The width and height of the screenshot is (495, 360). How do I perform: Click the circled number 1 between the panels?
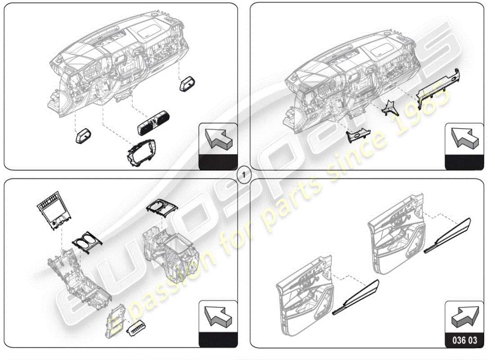[243, 175]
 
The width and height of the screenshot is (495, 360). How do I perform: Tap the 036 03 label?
[464, 340]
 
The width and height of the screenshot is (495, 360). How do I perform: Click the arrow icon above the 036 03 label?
[464, 317]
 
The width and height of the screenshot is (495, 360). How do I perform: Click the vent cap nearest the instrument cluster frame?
[83, 136]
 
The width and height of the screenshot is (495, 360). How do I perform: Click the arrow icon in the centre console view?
[218, 317]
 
